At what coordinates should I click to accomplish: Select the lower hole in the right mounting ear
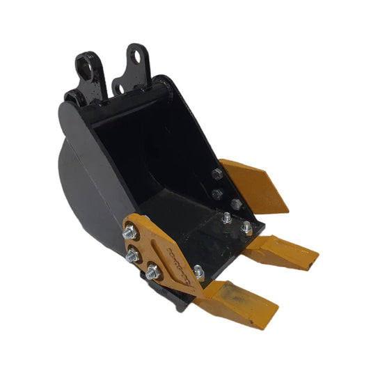tap(119, 87)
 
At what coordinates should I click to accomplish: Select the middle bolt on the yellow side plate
tap(132, 256)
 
